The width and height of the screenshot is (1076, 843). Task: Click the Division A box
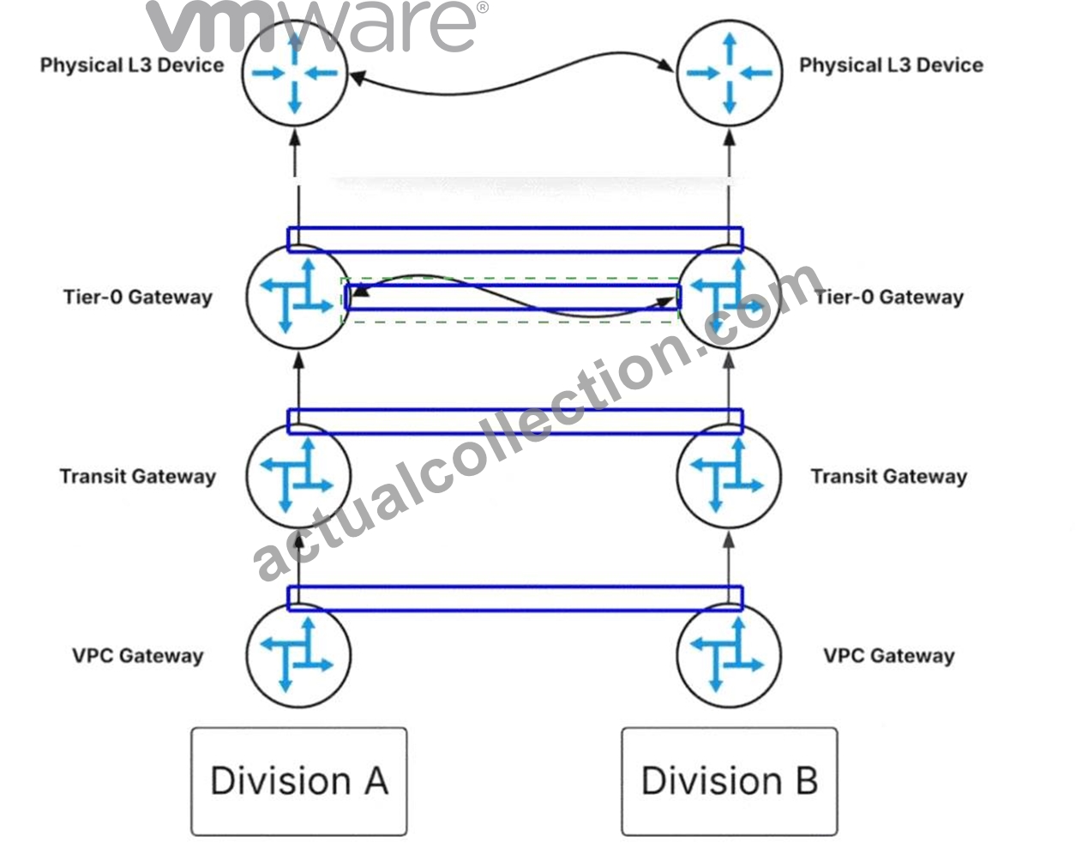299,781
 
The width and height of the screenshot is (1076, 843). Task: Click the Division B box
730,781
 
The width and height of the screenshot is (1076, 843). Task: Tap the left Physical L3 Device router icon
295,73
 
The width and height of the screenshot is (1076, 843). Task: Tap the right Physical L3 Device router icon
730,73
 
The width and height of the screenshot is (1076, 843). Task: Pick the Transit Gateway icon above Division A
298,475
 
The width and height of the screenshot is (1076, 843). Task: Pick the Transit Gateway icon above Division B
729,475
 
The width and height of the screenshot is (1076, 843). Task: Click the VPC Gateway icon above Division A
298,655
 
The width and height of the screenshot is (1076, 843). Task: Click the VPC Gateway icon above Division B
729,655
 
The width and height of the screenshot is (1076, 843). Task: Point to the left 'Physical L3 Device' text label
132,65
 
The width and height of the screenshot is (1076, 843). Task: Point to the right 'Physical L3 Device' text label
892,65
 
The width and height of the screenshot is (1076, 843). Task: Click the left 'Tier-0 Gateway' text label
138,298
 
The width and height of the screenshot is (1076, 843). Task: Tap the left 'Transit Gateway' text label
138,477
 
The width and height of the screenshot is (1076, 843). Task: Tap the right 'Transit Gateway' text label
889,477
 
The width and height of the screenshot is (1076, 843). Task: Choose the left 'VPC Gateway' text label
138,656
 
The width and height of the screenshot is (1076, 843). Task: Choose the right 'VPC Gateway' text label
889,656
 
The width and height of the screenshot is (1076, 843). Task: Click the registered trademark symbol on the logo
482,8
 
